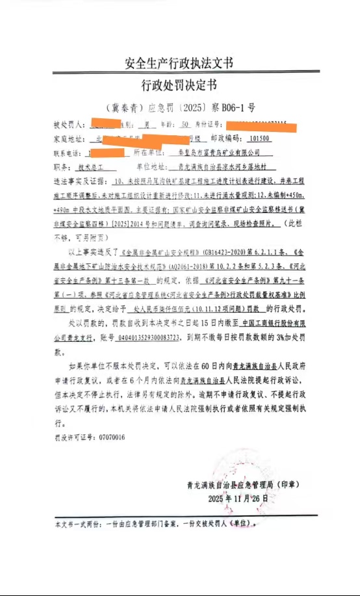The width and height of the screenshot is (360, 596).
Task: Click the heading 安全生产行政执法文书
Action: click(179, 63)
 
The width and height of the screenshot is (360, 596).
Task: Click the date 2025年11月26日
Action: click(238, 498)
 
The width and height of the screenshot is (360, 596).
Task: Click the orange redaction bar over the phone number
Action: click(105, 152)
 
